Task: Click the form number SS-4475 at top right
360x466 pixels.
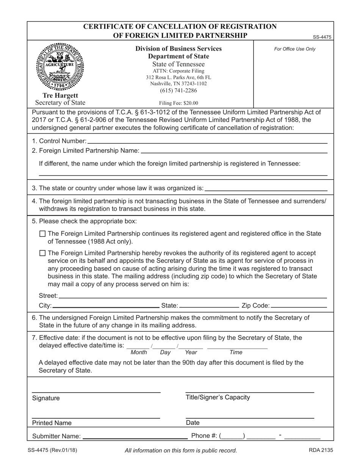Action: pos(322,37)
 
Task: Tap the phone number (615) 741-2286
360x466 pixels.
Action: pos(178,90)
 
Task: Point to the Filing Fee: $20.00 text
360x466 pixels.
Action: pos(178,103)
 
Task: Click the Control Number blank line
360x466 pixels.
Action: pos(207,141)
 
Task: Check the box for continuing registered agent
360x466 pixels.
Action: pos(42,234)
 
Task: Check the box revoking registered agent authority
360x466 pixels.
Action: pos(42,253)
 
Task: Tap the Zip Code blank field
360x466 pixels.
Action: pos(299,305)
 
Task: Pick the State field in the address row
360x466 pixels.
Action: pos(208,305)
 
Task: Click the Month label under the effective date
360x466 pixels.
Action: pos(138,352)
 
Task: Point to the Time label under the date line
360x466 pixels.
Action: pos(236,352)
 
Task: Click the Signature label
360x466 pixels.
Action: pos(46,398)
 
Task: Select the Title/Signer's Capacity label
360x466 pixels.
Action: pos(218,397)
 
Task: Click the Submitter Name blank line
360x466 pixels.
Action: pos(135,436)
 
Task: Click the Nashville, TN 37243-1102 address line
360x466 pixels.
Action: pos(178,83)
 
